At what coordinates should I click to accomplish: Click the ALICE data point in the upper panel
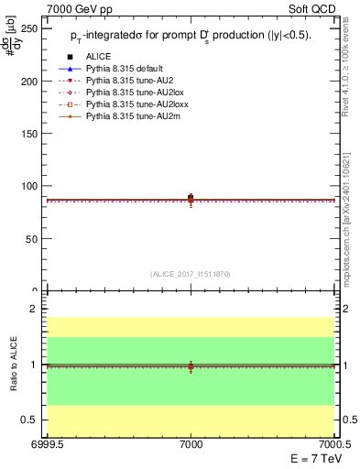(191, 197)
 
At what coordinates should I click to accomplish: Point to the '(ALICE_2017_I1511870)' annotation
(191, 274)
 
